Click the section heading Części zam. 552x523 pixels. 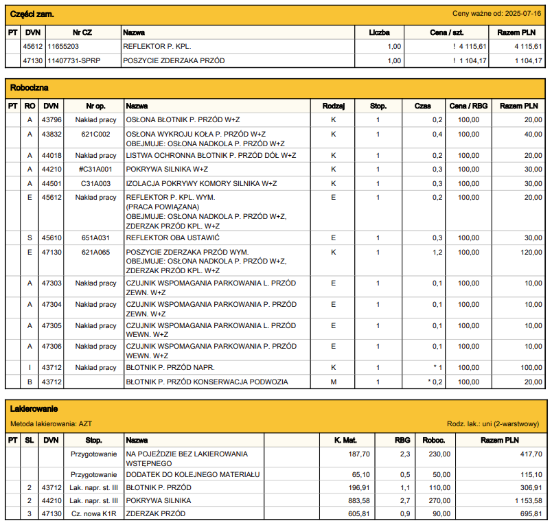[x=32, y=14]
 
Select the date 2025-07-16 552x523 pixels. [x=525, y=14]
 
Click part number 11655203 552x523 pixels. [x=63, y=47]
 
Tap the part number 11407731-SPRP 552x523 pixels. [x=73, y=60]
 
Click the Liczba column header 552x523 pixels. [x=379, y=32]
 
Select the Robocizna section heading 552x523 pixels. [x=30, y=88]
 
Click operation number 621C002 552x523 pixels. [x=95, y=135]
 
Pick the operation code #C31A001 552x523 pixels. [x=95, y=170]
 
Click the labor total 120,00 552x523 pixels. [x=529, y=252]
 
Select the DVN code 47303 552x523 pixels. [x=51, y=283]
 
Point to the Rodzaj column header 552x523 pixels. [x=333, y=106]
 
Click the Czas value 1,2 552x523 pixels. [x=437, y=252]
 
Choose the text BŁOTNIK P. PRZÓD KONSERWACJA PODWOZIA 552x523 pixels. [x=207, y=382]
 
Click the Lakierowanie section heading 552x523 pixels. [x=34, y=409]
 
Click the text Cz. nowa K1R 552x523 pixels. [x=95, y=513]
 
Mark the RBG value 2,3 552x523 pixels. [x=404, y=454]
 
